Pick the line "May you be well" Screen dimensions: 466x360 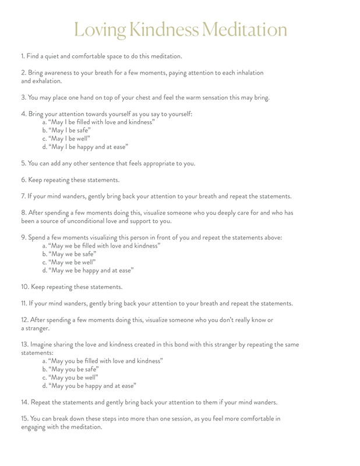70,377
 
